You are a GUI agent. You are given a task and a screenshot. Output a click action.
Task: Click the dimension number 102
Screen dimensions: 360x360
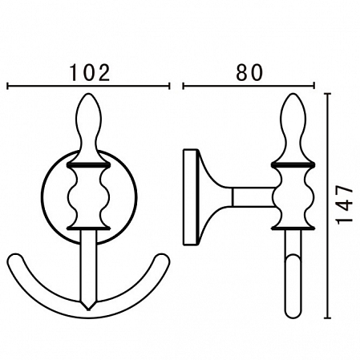tap(90, 72)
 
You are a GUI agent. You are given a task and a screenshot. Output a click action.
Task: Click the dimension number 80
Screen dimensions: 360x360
tap(249, 72)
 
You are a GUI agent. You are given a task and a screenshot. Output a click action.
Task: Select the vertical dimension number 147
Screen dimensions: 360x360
tap(344, 205)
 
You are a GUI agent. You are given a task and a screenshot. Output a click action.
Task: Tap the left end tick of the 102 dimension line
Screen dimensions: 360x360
tap(8, 86)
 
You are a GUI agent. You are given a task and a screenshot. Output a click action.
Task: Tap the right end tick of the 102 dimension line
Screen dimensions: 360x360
tap(169, 86)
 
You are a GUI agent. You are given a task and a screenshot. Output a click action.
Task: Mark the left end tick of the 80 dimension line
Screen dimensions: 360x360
tap(184, 86)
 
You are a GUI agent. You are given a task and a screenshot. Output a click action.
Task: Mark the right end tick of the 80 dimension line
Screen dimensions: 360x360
tap(313, 86)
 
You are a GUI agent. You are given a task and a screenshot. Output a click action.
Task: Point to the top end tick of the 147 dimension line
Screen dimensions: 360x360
tap(327, 94)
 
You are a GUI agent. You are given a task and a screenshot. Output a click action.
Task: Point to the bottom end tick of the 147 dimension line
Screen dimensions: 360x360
tap(327, 318)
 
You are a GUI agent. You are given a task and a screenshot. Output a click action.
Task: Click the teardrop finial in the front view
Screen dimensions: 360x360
tap(89, 127)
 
